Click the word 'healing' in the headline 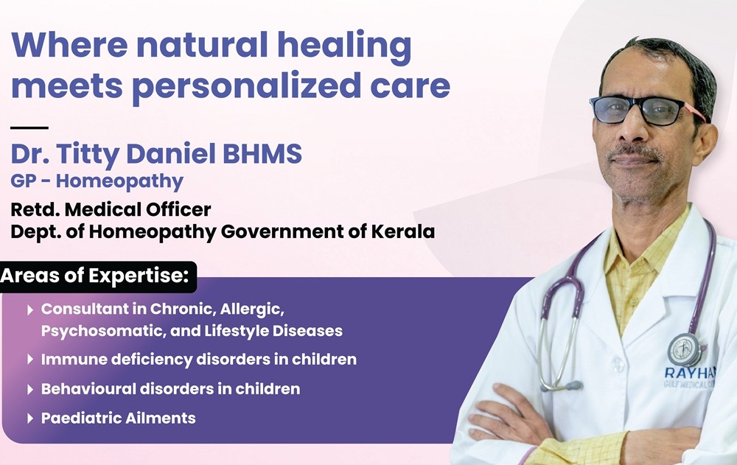tap(344, 48)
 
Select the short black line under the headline tap(29, 127)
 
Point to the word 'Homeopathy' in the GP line tap(119, 181)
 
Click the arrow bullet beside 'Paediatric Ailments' tap(30, 419)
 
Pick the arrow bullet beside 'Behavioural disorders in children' tap(30, 389)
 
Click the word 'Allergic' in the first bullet tap(252, 310)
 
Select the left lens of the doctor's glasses tap(613, 111)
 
